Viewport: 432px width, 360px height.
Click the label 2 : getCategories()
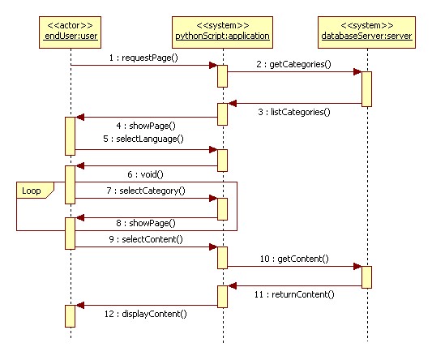point(293,63)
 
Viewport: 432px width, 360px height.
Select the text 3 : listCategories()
point(297,112)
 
